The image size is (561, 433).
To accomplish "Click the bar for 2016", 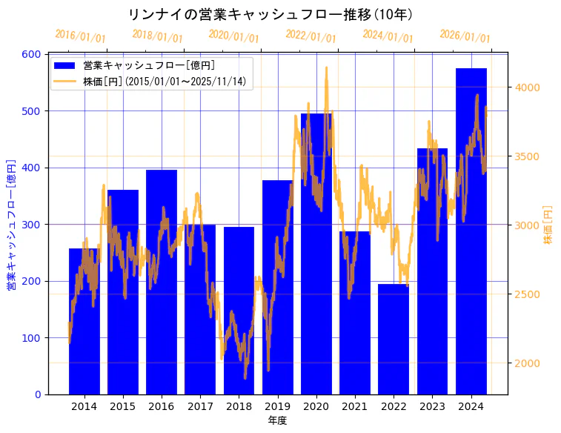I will [x=162, y=282].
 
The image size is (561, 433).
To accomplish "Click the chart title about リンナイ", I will [x=270, y=15].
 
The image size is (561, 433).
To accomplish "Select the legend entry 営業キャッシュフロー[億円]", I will [x=149, y=66].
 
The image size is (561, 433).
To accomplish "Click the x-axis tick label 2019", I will [x=278, y=406].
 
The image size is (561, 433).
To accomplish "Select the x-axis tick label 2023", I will [x=433, y=406].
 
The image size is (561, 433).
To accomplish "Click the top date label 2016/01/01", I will [x=80, y=36].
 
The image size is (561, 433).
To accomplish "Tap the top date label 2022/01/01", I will [x=311, y=36].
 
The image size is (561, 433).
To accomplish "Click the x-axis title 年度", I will [x=277, y=420].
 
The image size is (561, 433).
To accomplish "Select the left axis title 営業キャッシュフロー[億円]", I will [x=11, y=225].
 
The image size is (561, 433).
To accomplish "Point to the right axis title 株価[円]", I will [x=548, y=225].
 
